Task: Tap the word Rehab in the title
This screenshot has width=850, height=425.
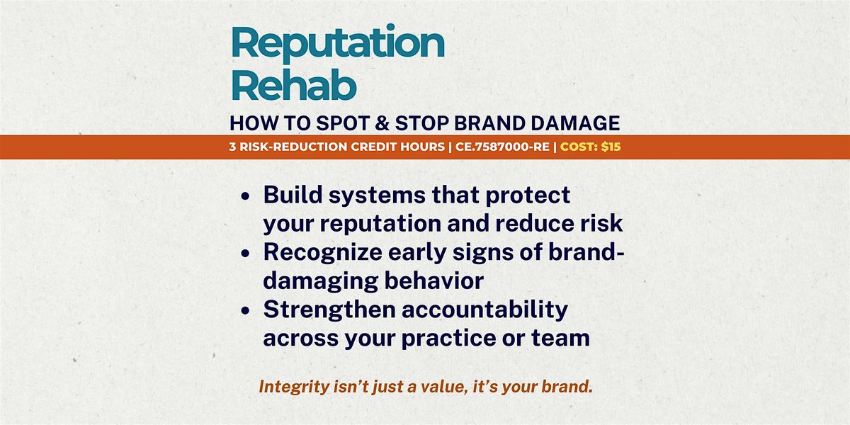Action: click(293, 86)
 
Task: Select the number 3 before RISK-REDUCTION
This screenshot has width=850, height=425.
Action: click(232, 147)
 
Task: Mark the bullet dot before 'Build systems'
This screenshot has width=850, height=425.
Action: click(246, 196)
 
